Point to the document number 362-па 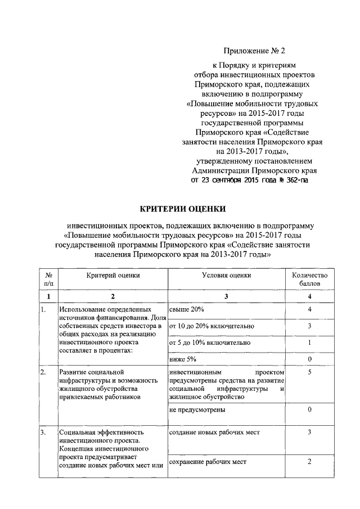(295, 181)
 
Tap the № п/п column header (48, 280)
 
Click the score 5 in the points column (310, 372)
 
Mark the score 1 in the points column (310, 343)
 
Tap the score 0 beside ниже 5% (310, 359)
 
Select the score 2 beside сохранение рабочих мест (310, 462)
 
